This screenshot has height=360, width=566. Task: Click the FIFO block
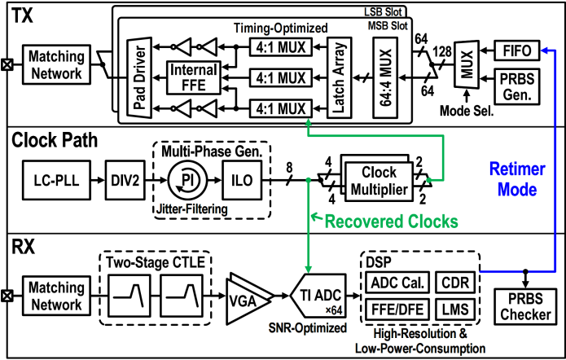pos(516,51)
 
